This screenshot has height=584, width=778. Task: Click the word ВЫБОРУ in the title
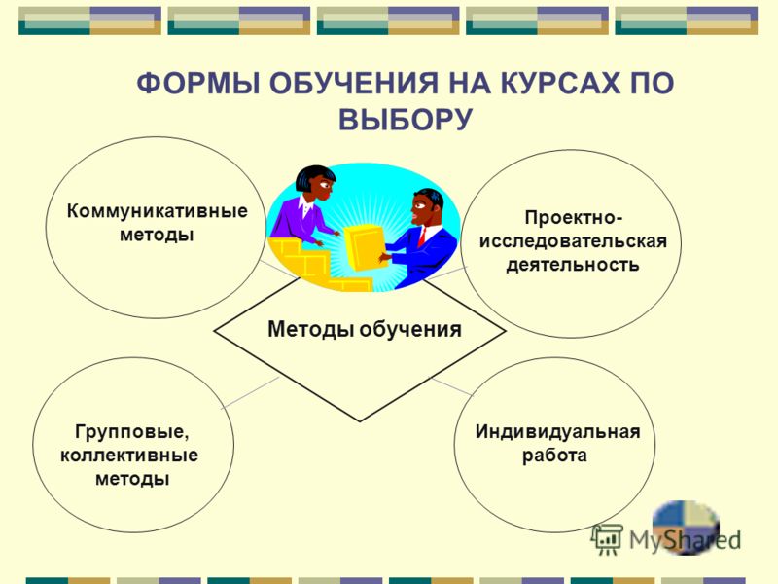pyautogui.click(x=406, y=119)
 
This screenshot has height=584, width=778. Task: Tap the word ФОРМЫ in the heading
pyautogui.click(x=198, y=83)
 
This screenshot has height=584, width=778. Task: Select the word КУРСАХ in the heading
pyautogui.click(x=560, y=83)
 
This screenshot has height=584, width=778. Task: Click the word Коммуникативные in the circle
pyautogui.click(x=157, y=210)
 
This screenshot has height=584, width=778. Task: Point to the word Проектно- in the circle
pyautogui.click(x=573, y=217)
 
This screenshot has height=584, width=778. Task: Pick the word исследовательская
pyautogui.click(x=573, y=240)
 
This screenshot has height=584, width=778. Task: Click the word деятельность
pyautogui.click(x=573, y=264)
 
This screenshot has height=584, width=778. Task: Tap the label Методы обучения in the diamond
pyautogui.click(x=364, y=329)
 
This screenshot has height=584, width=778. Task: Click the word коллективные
pyautogui.click(x=129, y=455)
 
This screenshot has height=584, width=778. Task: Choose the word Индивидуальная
pyautogui.click(x=557, y=431)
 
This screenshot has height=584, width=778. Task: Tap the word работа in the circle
pyautogui.click(x=554, y=456)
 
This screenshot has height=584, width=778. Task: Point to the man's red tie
pyautogui.click(x=422, y=237)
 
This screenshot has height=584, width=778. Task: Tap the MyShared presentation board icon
pyautogui.click(x=607, y=539)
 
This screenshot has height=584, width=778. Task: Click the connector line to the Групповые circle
pyautogui.click(x=250, y=393)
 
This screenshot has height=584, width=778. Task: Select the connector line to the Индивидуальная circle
pyautogui.click(x=451, y=386)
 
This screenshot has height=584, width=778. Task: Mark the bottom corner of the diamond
pyautogui.click(x=360, y=421)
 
